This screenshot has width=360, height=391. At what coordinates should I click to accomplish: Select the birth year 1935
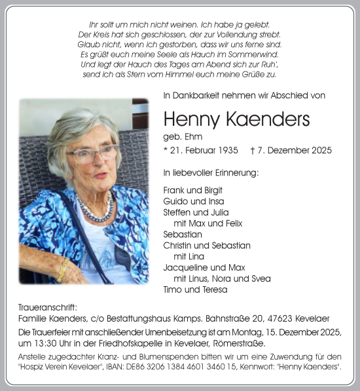[234, 151]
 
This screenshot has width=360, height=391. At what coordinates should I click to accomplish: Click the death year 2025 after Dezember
[321, 151]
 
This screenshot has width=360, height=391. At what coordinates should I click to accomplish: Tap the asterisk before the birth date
[166, 150]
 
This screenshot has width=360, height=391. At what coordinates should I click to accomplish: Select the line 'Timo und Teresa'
[195, 289]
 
